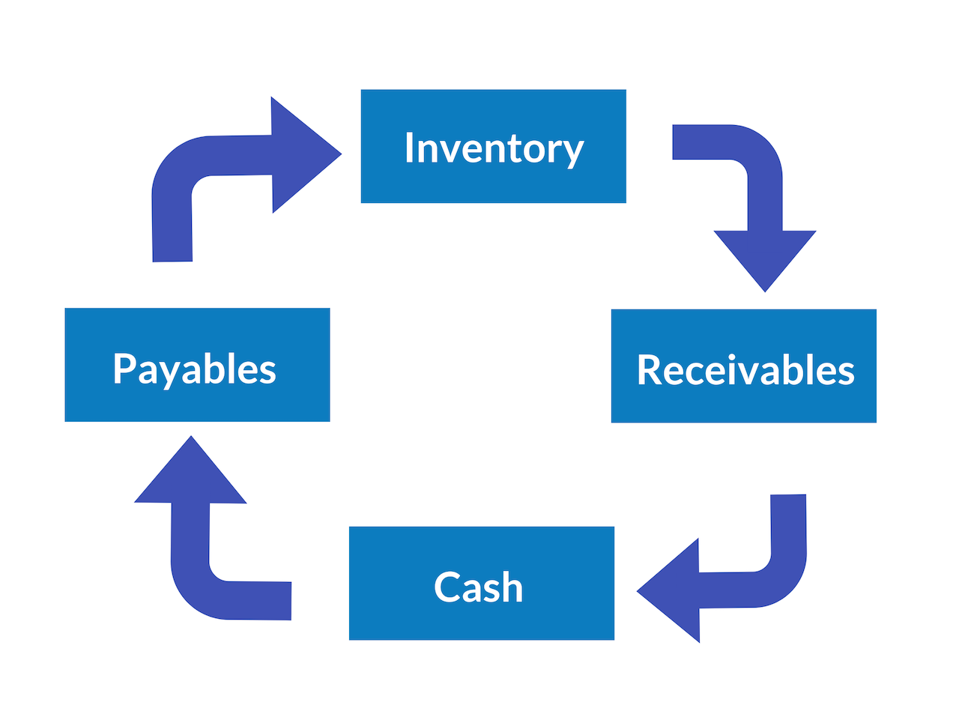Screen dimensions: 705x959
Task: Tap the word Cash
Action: pyautogui.click(x=478, y=587)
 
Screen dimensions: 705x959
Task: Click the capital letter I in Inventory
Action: pyautogui.click(x=410, y=147)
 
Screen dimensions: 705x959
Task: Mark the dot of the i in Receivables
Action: pyautogui.click(x=732, y=356)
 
